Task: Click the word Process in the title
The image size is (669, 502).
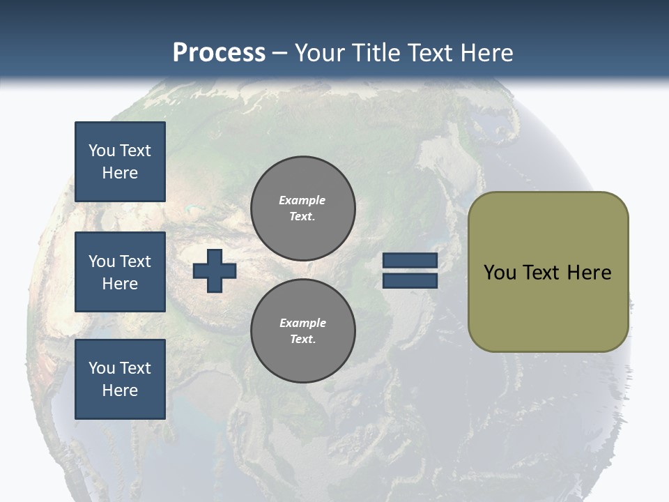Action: point(219,53)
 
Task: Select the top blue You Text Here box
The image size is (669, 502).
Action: point(120,162)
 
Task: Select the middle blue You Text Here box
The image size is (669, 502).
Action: point(120,272)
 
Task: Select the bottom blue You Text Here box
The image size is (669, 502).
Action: point(120,379)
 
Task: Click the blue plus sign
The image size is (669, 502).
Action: point(215,271)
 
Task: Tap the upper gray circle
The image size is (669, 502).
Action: point(303,208)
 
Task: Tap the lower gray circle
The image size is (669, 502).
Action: point(303,331)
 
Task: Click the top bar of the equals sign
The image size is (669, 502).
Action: point(410,260)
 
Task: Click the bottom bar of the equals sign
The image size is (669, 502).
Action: point(410,280)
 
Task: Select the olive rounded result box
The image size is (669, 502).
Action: point(548,271)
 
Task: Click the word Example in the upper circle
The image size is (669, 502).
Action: point(302,200)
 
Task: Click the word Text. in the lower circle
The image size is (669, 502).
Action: point(303,339)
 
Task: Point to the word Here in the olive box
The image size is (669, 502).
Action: point(589,272)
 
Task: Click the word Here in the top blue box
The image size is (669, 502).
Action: point(120,173)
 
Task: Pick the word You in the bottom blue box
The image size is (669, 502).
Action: point(102,368)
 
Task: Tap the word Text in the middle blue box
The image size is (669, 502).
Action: point(134,261)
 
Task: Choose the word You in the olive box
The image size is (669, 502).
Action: point(500,272)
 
